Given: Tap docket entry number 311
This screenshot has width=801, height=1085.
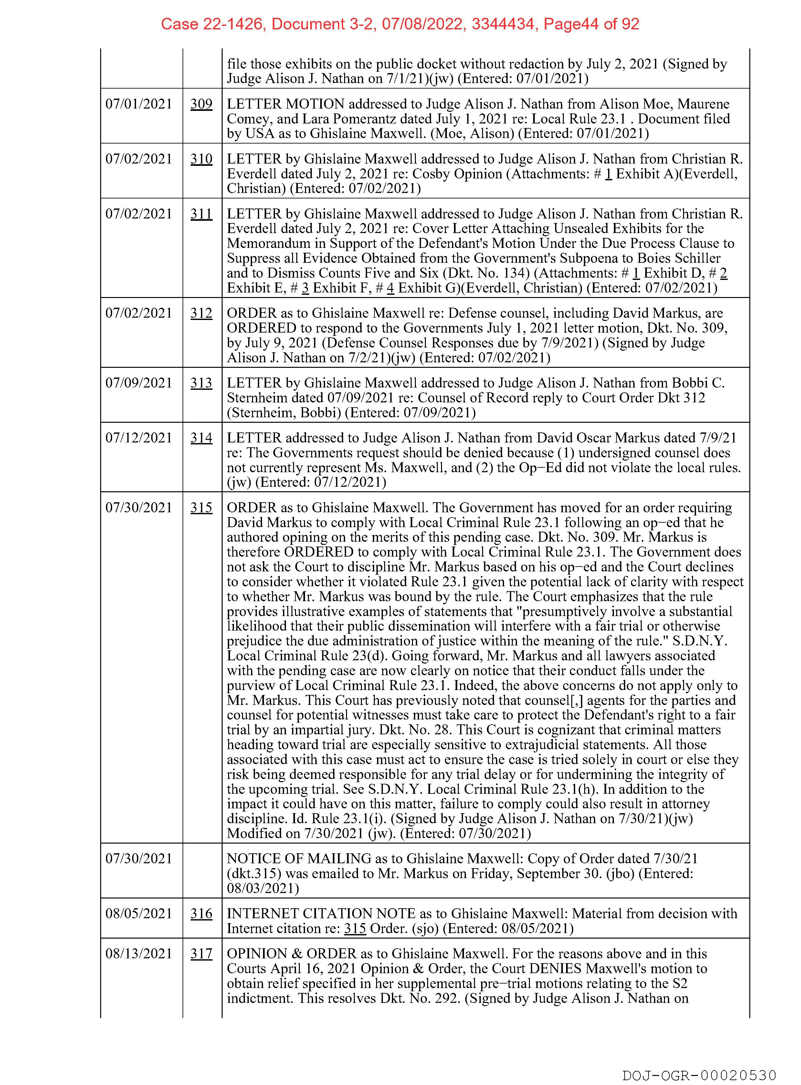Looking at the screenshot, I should (201, 214).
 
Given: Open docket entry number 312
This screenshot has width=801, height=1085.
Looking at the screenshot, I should (201, 313).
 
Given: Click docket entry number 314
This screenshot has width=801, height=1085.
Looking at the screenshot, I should (201, 438).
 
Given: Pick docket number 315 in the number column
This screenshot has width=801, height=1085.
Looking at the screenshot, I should (201, 507).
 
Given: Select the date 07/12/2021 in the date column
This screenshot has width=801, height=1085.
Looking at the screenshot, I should (139, 438).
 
